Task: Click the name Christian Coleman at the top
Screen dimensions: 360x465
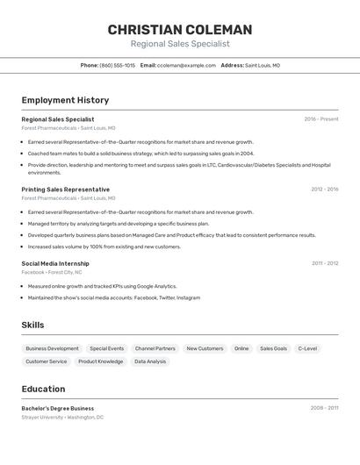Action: coord(180,30)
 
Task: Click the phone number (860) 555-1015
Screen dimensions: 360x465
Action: coord(117,66)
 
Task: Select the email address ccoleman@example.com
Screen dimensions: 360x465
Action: coord(186,66)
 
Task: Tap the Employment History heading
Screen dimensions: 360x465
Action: coord(65,100)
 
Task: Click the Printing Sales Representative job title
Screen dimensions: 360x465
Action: coord(66,190)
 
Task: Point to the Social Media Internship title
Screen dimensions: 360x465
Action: coord(55,263)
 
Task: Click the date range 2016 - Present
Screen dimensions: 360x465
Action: coord(321,119)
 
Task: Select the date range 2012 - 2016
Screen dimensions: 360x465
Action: coord(324,190)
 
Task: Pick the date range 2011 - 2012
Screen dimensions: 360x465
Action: coord(325,263)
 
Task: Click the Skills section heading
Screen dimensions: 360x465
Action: coord(32,325)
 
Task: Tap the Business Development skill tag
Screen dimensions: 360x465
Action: coord(52,348)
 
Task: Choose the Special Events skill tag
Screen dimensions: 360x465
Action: coord(106,348)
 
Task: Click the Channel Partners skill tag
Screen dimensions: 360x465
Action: coord(155,348)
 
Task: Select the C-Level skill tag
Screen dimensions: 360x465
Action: coord(307,348)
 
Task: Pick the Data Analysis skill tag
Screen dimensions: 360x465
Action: coord(150,361)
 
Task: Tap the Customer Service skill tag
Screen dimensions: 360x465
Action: coord(46,361)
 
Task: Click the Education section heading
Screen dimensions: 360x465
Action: coord(43,389)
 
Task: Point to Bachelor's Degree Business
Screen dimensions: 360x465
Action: coord(58,408)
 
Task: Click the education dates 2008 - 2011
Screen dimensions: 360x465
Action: coord(324,408)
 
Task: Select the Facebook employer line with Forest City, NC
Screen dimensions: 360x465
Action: coord(58,272)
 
